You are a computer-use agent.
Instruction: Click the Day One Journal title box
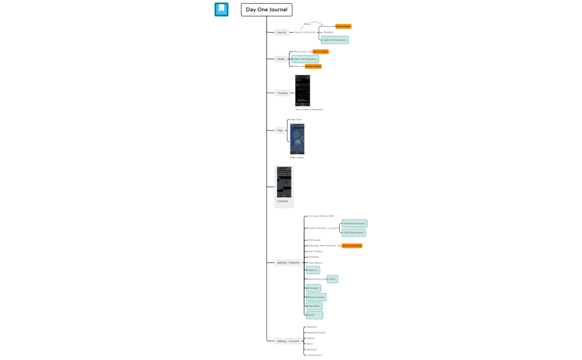coord(267,9)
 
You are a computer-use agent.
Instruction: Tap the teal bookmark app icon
coord(221,9)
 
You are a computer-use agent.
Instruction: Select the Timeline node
coord(282,93)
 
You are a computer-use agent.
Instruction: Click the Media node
coord(280,59)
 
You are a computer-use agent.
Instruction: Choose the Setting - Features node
coord(288,263)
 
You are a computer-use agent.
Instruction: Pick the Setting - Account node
coord(288,341)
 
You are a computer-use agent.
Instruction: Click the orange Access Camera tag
coord(313,66)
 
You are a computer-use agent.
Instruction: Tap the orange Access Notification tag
coord(351,245)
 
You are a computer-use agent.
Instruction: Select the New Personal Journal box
coord(354,223)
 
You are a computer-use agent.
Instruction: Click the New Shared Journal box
coord(354,233)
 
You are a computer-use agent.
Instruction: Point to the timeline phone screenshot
coord(303,90)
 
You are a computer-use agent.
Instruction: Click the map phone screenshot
coord(297,138)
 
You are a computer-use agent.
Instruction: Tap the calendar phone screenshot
coord(284,182)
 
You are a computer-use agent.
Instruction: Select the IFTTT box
coord(314,315)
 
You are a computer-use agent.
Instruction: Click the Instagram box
coord(314,289)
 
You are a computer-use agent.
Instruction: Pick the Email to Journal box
coord(316,297)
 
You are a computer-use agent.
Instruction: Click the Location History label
coord(314,355)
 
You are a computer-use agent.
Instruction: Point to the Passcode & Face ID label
coord(316,333)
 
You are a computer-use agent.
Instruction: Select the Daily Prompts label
coord(315,251)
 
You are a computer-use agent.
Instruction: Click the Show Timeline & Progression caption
coord(309,110)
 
